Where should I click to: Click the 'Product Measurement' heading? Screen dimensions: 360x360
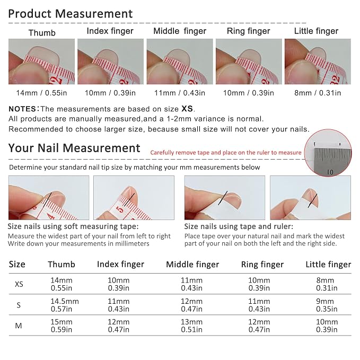tap(71, 14)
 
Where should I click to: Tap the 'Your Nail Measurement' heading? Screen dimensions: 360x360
tap(74, 148)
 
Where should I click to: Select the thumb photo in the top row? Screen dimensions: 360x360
tap(41, 62)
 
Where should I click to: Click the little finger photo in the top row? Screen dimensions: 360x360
tap(318, 62)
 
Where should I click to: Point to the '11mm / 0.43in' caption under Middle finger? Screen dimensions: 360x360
tap(180, 93)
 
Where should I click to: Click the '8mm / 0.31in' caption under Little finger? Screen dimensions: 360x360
tap(318, 93)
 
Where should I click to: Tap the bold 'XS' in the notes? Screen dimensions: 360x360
tap(187, 109)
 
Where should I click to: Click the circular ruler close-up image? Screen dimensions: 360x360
tap(328, 153)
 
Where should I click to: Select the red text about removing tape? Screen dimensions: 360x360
tap(226, 153)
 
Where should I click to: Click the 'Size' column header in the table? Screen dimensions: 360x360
tap(17, 264)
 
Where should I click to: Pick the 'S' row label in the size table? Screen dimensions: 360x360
tap(19, 305)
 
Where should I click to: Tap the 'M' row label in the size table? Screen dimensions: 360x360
tap(19, 326)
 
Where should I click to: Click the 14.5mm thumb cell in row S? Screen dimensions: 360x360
tap(65, 305)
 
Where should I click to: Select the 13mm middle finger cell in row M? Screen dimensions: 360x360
tap(191, 326)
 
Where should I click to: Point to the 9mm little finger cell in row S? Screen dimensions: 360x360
tap(327, 305)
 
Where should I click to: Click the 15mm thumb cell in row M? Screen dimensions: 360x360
tap(62, 326)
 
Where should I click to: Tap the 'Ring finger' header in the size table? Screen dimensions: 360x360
tap(262, 265)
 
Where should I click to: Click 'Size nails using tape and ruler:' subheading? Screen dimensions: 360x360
tap(239, 226)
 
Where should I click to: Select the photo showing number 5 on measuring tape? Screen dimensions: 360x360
tap(134, 198)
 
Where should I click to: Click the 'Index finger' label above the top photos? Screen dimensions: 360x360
tap(110, 31)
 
